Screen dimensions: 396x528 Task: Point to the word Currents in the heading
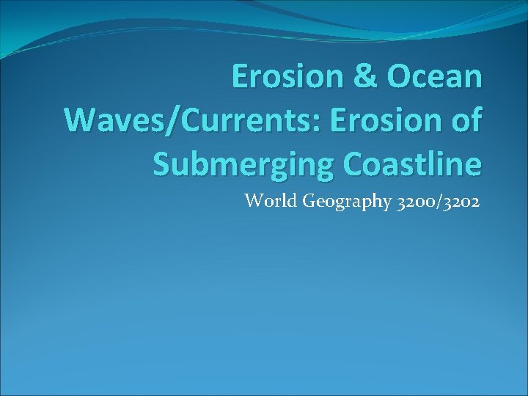(x=246, y=121)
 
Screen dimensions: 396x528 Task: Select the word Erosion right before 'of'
(x=387, y=121)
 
